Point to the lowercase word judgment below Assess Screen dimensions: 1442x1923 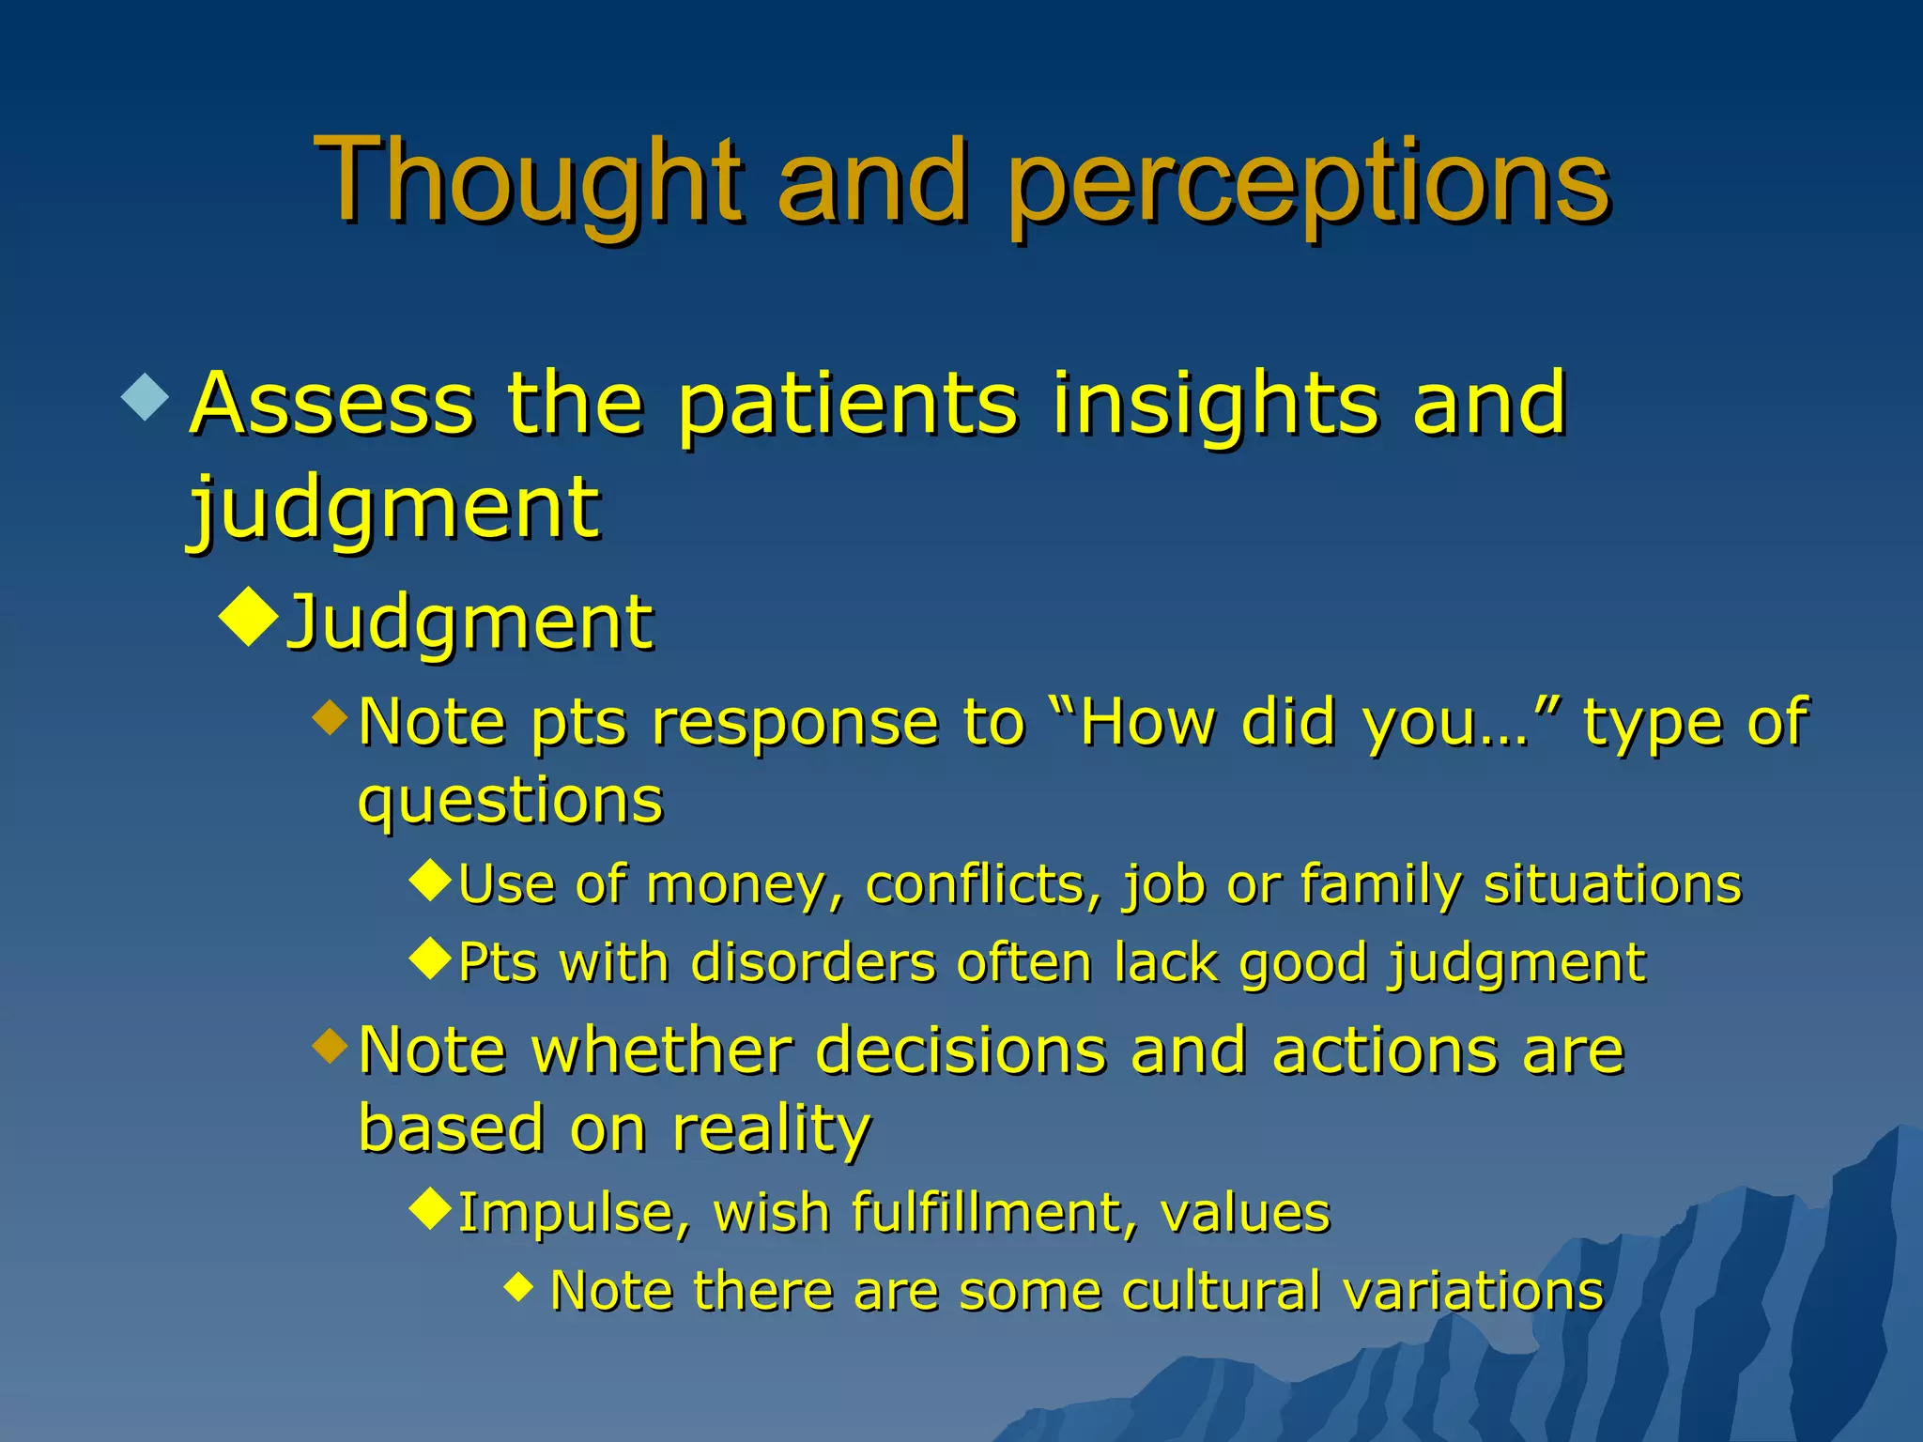394,510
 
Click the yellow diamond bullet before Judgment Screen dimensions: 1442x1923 249,617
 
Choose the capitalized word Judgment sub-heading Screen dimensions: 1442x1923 469,624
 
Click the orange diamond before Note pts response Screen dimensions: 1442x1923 330,718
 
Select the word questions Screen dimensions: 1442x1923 511,804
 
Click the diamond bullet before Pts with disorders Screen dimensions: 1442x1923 432,959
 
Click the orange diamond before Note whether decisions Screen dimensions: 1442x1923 330,1045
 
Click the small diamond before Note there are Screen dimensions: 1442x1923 518,1285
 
